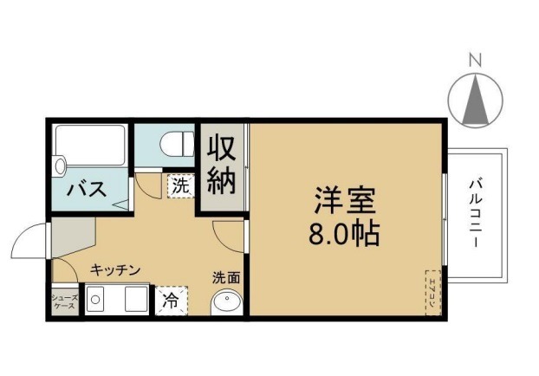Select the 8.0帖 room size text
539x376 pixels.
(x=344, y=234)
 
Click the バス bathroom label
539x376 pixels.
(x=87, y=188)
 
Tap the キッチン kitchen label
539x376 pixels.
(x=115, y=270)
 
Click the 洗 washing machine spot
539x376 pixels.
(x=179, y=185)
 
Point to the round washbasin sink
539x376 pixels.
(x=227, y=302)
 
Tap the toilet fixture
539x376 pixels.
(x=177, y=141)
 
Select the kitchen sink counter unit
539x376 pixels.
(x=118, y=301)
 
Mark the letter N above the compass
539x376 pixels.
(x=475, y=60)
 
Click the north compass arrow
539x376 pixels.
(x=475, y=100)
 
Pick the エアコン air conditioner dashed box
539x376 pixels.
(x=432, y=292)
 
